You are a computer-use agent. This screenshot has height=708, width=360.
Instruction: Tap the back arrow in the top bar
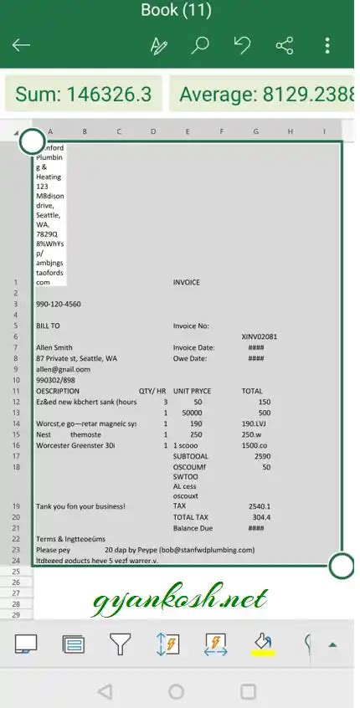21,45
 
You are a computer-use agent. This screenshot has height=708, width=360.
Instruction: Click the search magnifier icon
200,45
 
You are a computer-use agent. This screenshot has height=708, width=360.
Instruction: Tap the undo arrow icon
242,45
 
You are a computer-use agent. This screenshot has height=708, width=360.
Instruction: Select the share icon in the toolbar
285,45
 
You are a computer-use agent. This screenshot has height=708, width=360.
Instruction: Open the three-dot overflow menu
327,45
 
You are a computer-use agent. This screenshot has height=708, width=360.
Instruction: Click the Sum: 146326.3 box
83,94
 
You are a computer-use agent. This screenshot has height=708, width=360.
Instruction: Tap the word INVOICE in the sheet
187,283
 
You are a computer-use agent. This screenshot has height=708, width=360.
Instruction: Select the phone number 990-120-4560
59,305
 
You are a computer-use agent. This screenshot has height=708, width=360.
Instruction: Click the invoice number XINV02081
259,336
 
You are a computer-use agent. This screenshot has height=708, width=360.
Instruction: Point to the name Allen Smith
54,347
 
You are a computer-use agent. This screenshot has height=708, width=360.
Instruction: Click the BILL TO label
49,326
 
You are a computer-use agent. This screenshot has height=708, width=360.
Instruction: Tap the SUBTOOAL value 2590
262,457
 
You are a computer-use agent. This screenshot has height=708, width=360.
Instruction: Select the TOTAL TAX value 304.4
261,517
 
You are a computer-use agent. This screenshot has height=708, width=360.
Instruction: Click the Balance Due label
193,528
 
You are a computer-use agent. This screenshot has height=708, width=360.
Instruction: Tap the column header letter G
256,131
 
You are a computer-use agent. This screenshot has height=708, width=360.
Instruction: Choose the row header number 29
15,615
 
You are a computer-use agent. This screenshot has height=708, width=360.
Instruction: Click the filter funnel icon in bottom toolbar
121,644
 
